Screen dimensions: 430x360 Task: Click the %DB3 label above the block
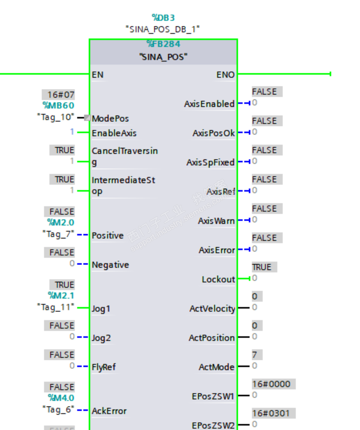click(x=163, y=18)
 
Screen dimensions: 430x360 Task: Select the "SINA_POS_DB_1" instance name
click(x=163, y=29)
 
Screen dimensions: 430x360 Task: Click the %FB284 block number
click(x=163, y=44)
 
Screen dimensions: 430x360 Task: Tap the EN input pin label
click(x=98, y=75)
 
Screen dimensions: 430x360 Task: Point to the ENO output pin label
click(x=225, y=75)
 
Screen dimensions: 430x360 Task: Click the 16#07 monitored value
click(x=61, y=94)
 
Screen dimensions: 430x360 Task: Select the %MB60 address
click(x=59, y=106)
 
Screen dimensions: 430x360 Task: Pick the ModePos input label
click(x=110, y=119)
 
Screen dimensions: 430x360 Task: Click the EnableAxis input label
click(x=114, y=133)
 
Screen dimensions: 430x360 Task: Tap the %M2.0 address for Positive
click(x=61, y=222)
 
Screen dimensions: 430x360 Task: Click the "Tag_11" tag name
click(x=56, y=307)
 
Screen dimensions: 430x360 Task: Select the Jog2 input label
click(x=101, y=338)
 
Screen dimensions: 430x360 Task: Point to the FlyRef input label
click(x=104, y=367)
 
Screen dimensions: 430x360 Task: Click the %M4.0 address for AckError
click(x=61, y=398)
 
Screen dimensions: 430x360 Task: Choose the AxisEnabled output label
click(x=209, y=104)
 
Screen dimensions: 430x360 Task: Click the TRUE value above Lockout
click(x=262, y=267)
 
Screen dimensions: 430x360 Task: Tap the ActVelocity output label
click(x=212, y=308)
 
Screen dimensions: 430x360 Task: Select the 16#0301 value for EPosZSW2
click(x=271, y=413)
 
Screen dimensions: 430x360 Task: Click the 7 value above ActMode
click(x=255, y=355)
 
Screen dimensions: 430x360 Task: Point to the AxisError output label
click(x=217, y=250)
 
